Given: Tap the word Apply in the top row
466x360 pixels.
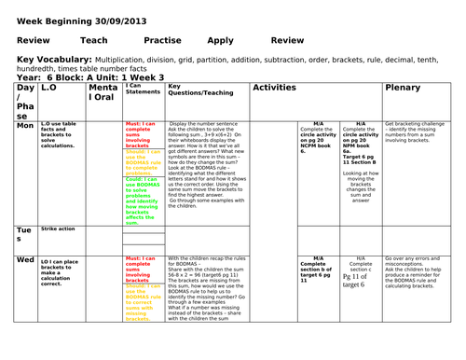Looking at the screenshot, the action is pyautogui.click(x=221, y=40).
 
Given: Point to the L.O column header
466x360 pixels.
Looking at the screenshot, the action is pyautogui.click(x=52, y=87).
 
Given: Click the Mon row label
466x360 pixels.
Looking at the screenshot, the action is pyautogui.click(x=25, y=125).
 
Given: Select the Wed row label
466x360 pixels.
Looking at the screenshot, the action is pyautogui.click(x=25, y=260).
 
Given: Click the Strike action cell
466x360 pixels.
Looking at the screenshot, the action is pyautogui.click(x=58, y=228).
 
